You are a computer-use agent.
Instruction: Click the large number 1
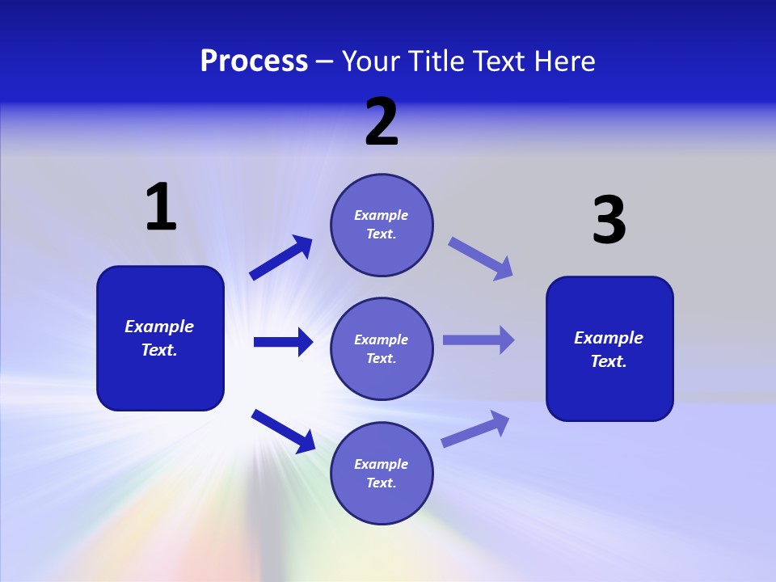(161, 208)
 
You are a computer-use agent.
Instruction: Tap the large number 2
(382, 122)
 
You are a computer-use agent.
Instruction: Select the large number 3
(609, 221)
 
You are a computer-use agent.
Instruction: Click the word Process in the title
(254, 61)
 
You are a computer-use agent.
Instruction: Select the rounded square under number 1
(160, 338)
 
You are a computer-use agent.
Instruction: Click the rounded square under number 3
(609, 348)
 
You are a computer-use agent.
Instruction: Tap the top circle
(382, 225)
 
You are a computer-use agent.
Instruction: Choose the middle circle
(382, 348)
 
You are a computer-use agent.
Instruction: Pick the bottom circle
(382, 473)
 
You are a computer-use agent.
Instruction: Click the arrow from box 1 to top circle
(280, 258)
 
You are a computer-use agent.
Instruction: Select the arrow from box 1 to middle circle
(283, 342)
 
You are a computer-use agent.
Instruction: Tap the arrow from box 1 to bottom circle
(283, 430)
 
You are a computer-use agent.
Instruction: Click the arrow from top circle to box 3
(480, 258)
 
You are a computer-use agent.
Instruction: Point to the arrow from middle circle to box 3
(479, 339)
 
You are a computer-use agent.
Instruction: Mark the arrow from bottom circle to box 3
(475, 428)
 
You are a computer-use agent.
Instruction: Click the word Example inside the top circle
(382, 215)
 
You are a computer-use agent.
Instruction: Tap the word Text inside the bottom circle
(380, 483)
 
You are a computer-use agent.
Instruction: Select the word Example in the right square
(609, 338)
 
